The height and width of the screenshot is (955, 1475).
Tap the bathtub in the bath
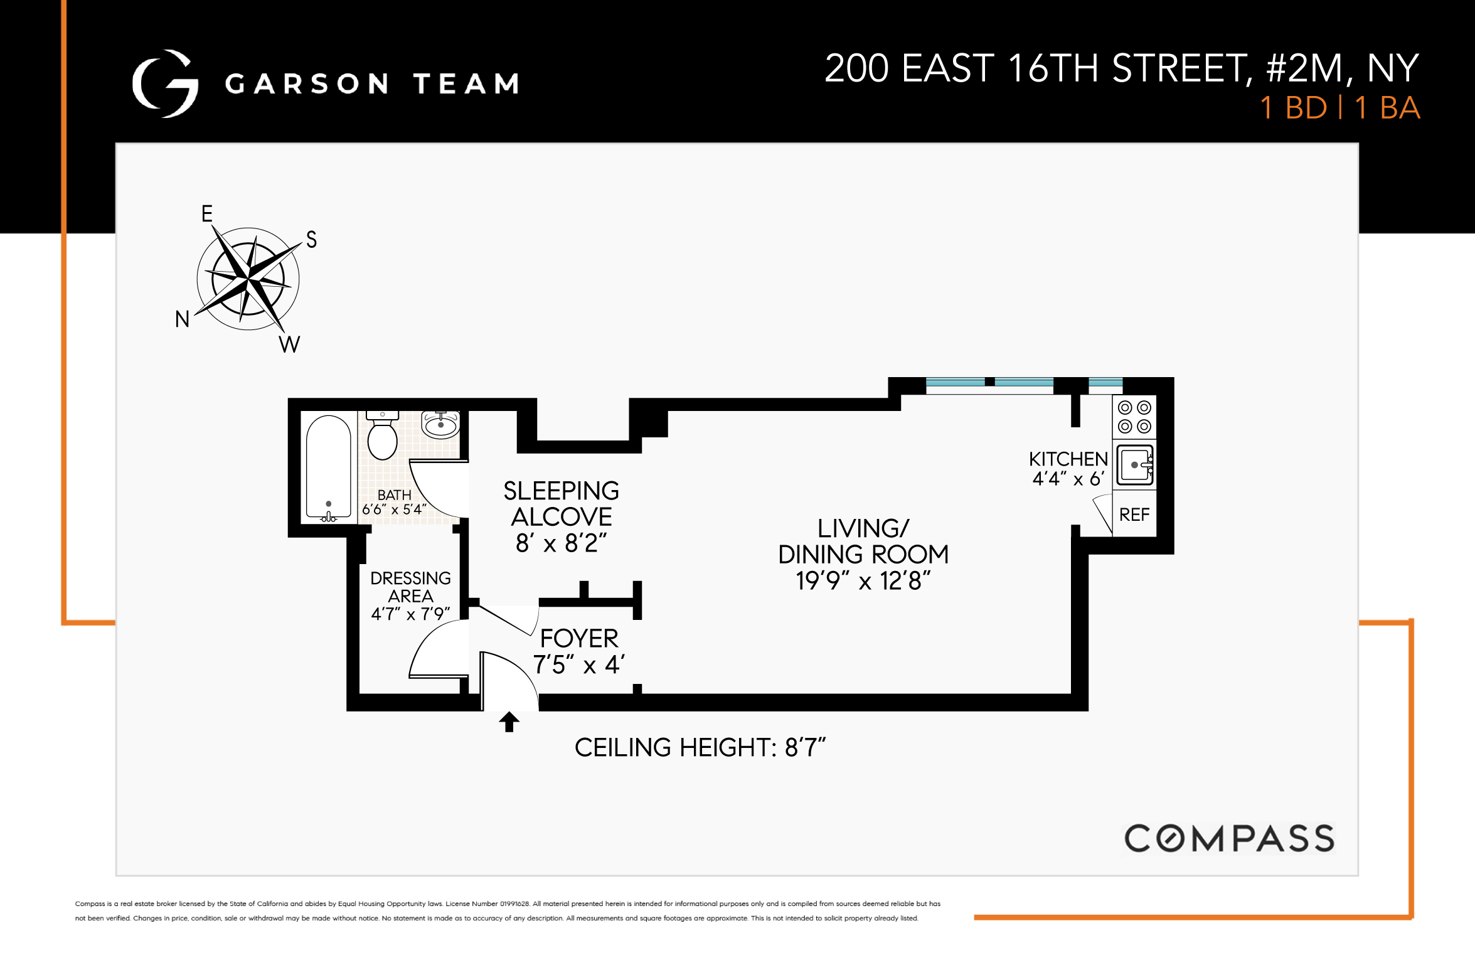pyautogui.click(x=328, y=467)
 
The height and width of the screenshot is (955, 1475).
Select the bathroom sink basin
pyautogui.click(x=440, y=425)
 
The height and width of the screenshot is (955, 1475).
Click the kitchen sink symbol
pyautogui.click(x=1135, y=465)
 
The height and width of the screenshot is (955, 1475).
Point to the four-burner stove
pyautogui.click(x=1134, y=417)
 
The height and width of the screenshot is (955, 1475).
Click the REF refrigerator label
pyautogui.click(x=1134, y=515)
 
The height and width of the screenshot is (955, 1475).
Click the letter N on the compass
pyautogui.click(x=182, y=319)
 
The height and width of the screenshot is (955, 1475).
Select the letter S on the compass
pyautogui.click(x=311, y=240)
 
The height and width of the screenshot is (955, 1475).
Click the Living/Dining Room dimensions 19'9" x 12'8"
pyautogui.click(x=863, y=581)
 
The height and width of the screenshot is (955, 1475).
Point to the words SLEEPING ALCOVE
pyautogui.click(x=561, y=504)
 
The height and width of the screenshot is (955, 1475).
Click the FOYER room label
pyautogui.click(x=578, y=638)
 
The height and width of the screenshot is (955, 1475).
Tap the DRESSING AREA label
pyautogui.click(x=410, y=587)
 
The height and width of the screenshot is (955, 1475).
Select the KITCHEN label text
pyautogui.click(x=1068, y=459)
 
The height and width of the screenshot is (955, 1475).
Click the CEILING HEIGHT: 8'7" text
pyautogui.click(x=700, y=747)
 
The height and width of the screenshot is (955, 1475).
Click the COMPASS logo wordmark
pyautogui.click(x=1229, y=838)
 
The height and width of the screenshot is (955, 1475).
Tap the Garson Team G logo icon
pyautogui.click(x=166, y=83)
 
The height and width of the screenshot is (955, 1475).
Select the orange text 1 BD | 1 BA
pyautogui.click(x=1339, y=108)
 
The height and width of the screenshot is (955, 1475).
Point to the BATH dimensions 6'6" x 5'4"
pyautogui.click(x=394, y=510)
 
